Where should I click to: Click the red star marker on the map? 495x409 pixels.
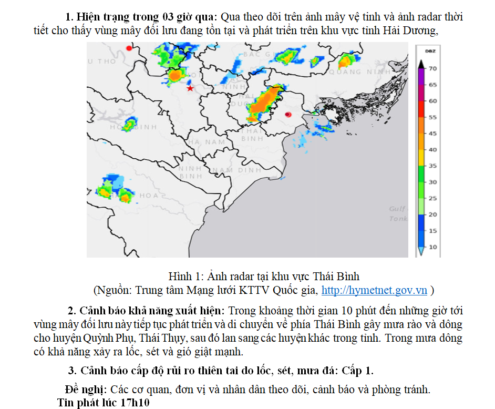(190, 88)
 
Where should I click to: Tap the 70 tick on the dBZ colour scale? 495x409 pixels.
(432, 68)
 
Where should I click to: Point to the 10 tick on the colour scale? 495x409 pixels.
(432, 247)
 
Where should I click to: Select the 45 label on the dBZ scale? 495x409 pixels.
(432, 134)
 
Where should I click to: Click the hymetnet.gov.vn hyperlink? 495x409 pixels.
(374, 290)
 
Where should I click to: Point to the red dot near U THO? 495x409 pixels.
(129, 48)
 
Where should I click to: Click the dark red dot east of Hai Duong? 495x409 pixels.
(287, 114)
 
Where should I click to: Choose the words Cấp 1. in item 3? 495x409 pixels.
(357, 371)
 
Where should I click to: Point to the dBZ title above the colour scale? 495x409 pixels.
(430, 51)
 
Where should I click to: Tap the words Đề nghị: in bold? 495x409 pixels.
(87, 390)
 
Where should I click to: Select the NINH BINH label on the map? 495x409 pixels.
(190, 172)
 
